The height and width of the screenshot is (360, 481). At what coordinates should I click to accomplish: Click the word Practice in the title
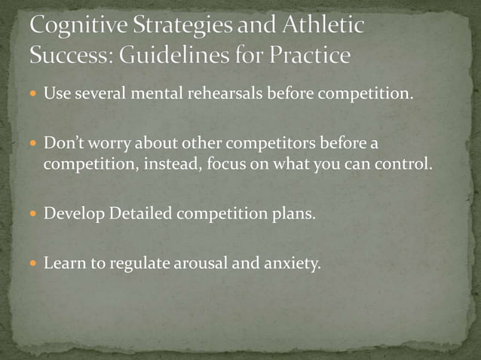click(x=309, y=55)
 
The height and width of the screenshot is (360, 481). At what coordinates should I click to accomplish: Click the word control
click(x=406, y=164)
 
